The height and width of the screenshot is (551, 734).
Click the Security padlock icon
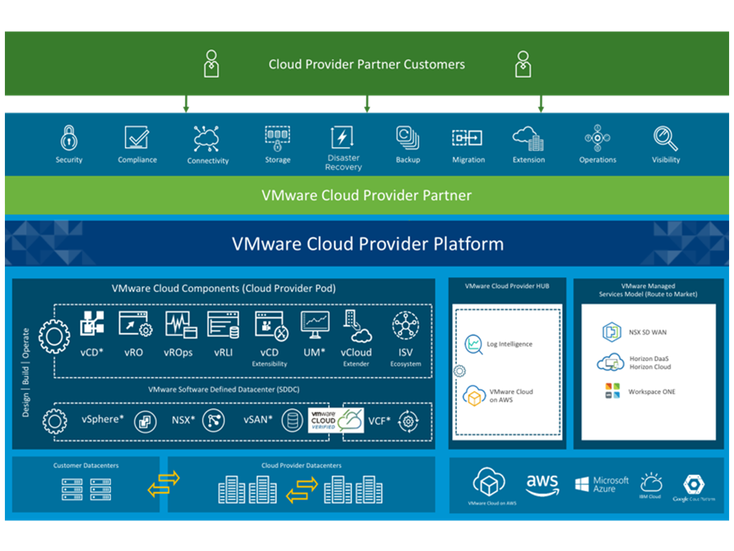(x=69, y=138)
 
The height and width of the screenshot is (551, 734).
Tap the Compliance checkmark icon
(x=137, y=137)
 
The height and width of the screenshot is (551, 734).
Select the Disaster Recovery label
(x=343, y=162)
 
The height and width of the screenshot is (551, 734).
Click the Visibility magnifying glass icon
(x=665, y=138)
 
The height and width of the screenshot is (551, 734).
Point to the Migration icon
(x=467, y=138)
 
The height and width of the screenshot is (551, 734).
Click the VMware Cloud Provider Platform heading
(x=367, y=243)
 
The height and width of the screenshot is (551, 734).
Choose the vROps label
(x=178, y=352)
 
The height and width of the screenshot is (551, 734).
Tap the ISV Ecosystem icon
(x=405, y=325)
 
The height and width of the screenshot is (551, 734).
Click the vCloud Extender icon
(x=356, y=326)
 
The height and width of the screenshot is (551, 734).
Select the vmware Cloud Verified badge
(x=336, y=420)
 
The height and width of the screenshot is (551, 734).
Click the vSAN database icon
(x=292, y=420)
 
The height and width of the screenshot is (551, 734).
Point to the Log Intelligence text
(x=509, y=344)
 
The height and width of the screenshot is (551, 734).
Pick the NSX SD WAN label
(x=647, y=332)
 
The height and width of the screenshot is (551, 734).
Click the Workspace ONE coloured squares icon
(x=612, y=391)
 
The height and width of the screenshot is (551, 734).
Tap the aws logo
(x=542, y=484)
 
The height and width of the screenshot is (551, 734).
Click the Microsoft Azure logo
(x=601, y=484)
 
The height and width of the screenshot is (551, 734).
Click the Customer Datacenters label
(x=86, y=465)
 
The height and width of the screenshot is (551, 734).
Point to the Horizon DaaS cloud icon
(x=610, y=362)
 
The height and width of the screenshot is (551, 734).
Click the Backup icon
(x=407, y=138)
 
